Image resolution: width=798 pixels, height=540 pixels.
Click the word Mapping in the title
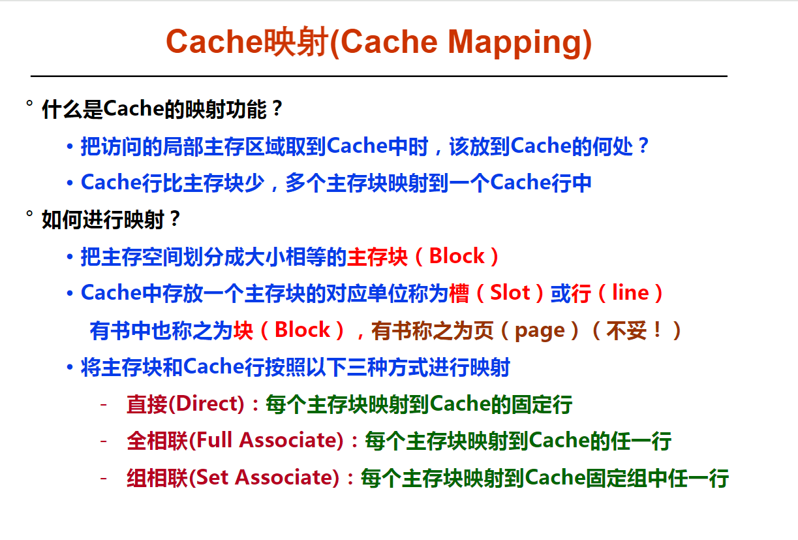[515, 43]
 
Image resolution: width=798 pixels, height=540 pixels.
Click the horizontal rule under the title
[378, 76]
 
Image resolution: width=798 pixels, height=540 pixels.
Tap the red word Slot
[510, 293]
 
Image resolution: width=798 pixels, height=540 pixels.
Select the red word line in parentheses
[630, 293]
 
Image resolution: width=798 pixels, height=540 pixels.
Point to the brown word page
[540, 330]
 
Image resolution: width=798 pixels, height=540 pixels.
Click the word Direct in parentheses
[206, 404]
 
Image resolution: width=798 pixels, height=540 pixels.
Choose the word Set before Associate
[211, 477]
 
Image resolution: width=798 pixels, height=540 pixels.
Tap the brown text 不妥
[626, 330]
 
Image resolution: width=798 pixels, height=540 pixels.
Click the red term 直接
[147, 404]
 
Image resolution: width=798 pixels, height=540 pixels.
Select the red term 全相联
[157, 441]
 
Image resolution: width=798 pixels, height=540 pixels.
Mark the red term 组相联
[157, 477]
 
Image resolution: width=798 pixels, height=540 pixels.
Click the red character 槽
[459, 293]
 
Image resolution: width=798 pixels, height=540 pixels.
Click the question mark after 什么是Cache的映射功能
[277, 108]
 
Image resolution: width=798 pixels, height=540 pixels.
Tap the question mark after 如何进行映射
[175, 219]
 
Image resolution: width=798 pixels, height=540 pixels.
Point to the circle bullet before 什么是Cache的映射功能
[29, 103]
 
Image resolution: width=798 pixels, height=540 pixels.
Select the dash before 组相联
[104, 477]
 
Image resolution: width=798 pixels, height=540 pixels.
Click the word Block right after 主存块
[457, 256]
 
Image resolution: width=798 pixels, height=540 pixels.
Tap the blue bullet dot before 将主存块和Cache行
[70, 367]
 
